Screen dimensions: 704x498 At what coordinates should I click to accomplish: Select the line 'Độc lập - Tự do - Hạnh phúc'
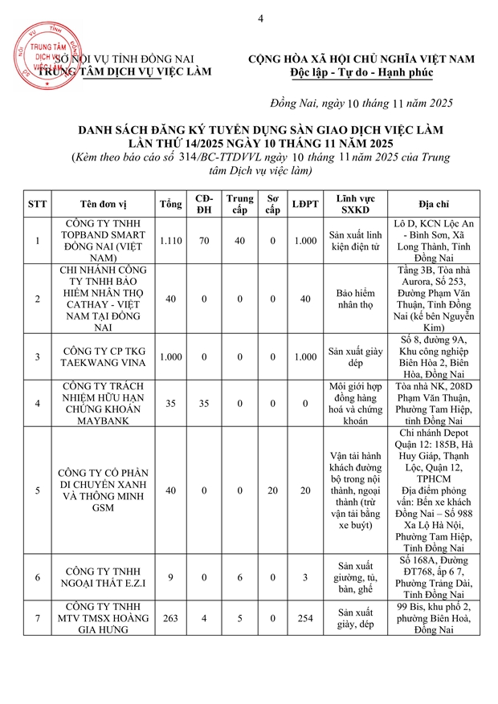(361, 73)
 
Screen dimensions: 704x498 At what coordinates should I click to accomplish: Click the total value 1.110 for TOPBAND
(170, 240)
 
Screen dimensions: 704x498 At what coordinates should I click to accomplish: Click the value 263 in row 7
(170, 617)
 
